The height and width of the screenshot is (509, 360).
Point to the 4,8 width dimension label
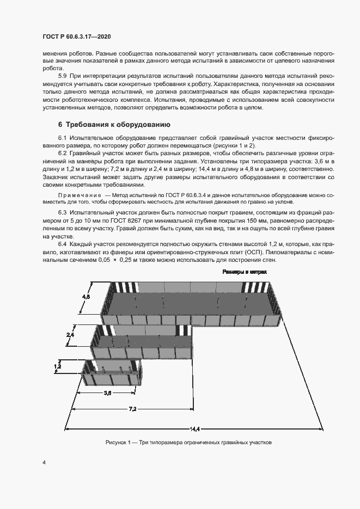pos(86,297)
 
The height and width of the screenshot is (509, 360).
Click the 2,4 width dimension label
pos(70,334)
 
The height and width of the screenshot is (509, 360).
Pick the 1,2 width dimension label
pos(58,367)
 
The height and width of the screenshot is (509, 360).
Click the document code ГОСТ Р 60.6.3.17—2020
pos(77,36)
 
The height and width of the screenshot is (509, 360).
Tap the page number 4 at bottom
pos(44,463)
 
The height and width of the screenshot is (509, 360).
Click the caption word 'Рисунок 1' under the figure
pos(119,443)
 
